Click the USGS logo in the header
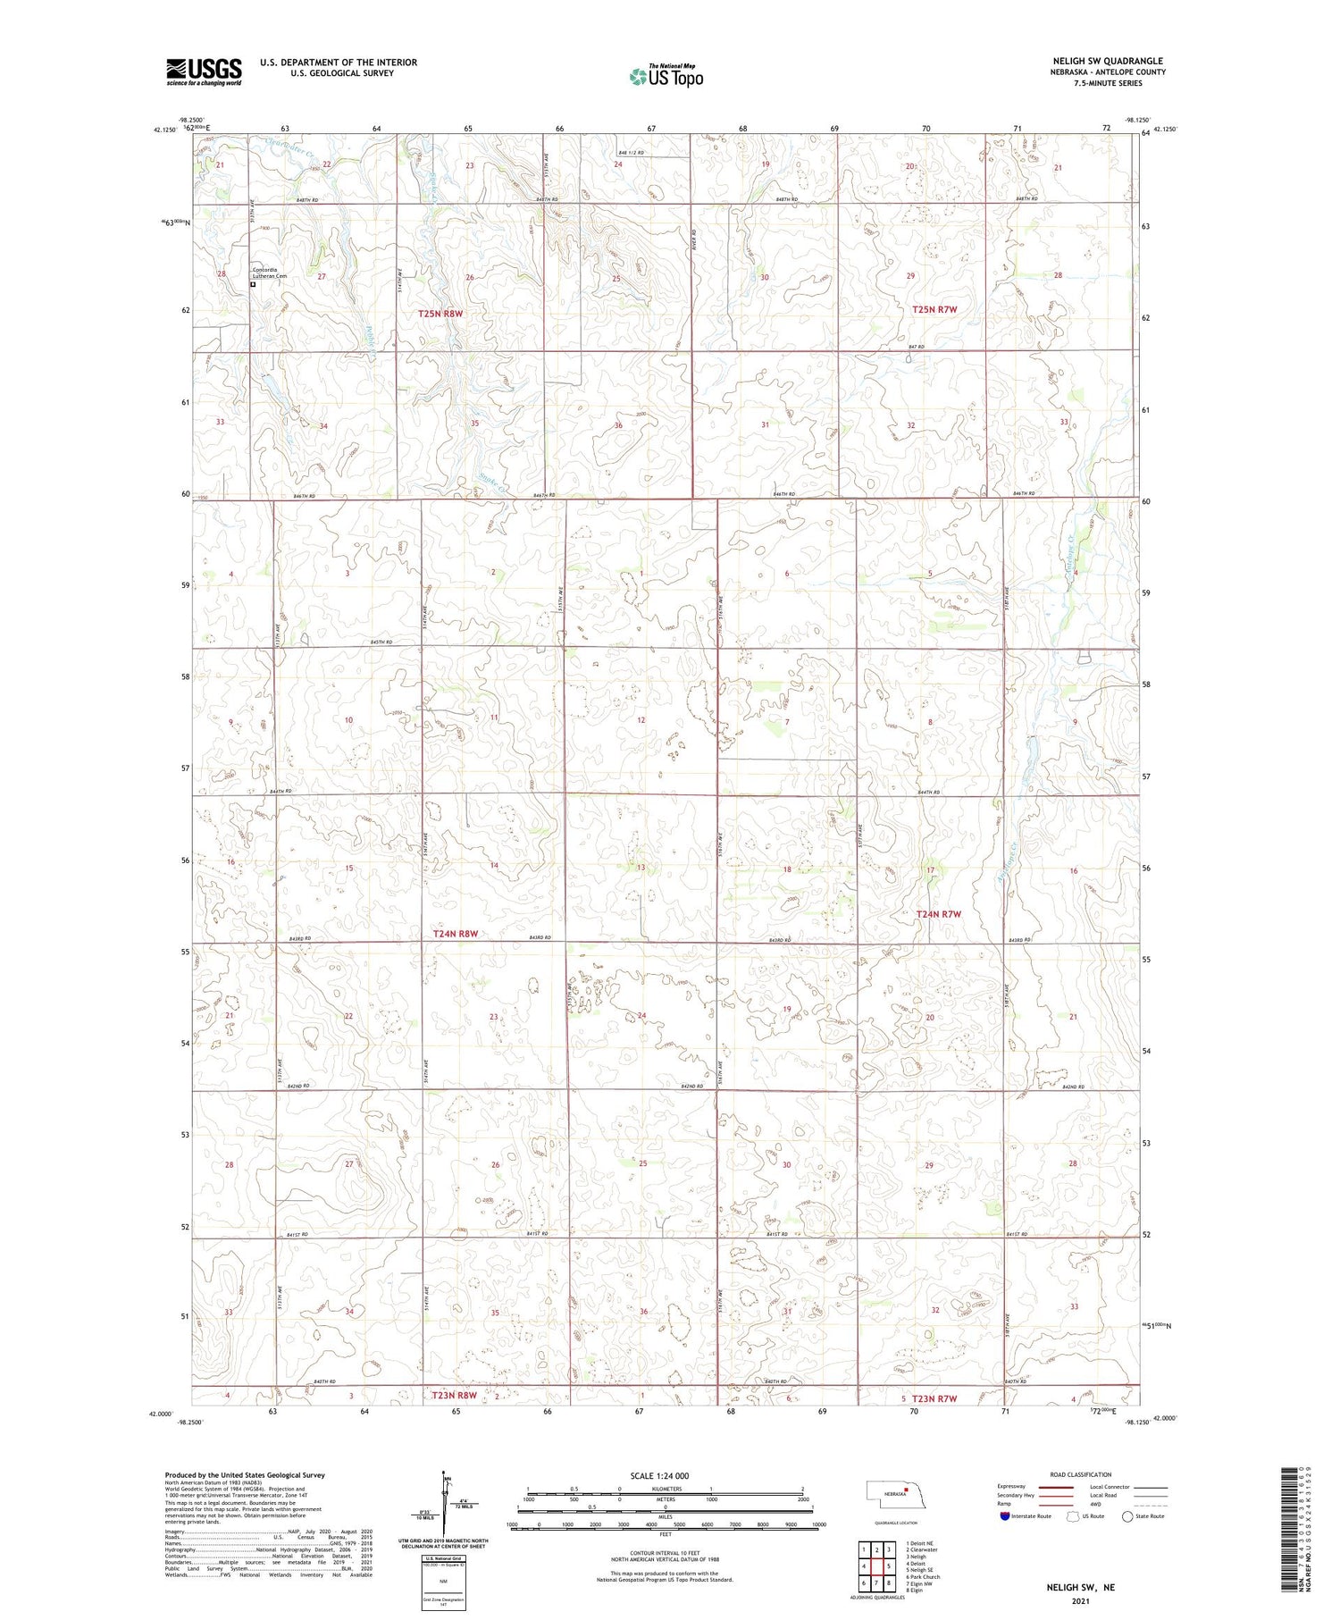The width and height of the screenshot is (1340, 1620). (204, 71)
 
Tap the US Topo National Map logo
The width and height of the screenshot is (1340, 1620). (666, 76)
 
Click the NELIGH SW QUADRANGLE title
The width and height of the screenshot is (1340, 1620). (1108, 62)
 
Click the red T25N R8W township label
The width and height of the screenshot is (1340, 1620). (441, 314)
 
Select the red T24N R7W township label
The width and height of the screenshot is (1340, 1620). (938, 914)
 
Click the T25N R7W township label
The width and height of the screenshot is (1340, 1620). (934, 309)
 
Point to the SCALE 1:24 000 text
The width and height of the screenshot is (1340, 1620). (660, 1475)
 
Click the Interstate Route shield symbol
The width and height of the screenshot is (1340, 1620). (1005, 1516)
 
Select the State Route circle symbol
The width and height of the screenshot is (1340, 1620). (1128, 1516)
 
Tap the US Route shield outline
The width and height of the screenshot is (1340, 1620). (1073, 1516)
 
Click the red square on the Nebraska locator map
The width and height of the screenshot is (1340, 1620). (906, 1490)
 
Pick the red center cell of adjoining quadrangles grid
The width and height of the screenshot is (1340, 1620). (889, 1566)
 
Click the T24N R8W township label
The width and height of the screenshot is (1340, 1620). (456, 934)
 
